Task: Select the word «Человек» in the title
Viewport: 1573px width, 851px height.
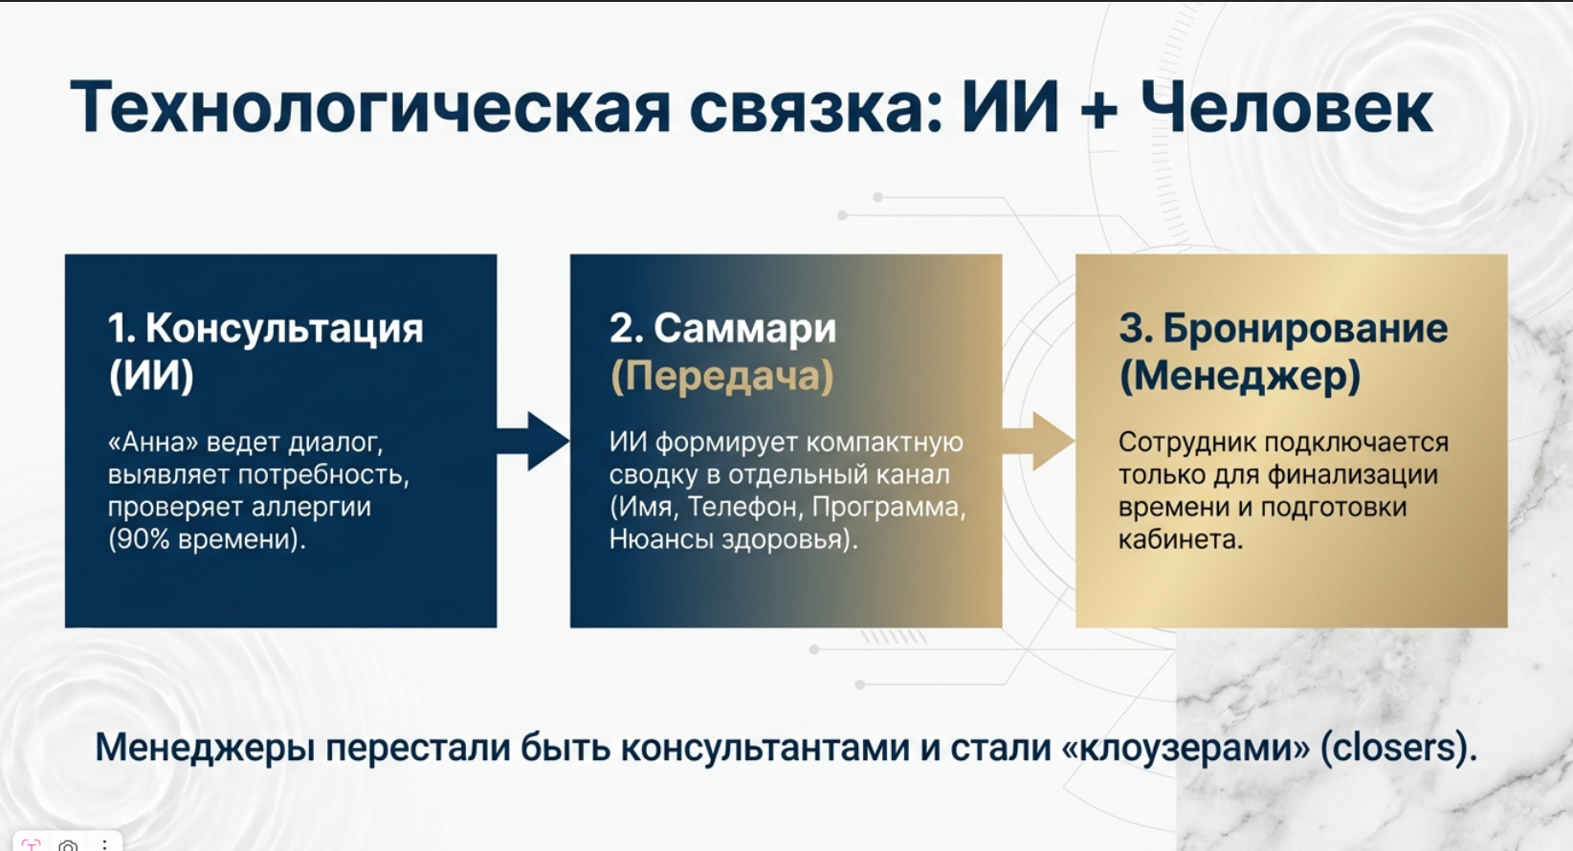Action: coord(1287,107)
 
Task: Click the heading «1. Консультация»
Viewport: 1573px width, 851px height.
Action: coord(265,328)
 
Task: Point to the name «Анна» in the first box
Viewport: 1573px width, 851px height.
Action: coord(153,443)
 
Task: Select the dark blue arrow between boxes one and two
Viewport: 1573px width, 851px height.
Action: coord(533,442)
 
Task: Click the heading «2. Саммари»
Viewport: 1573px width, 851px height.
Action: coord(722,328)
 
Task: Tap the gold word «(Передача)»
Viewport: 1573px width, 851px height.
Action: coord(721,376)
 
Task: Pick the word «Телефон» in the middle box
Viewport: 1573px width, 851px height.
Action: coord(745,507)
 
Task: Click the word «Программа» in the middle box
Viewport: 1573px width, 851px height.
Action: coord(888,507)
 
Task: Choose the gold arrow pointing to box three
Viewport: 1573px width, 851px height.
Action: coord(1038,442)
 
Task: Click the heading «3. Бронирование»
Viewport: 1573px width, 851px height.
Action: coord(1283,328)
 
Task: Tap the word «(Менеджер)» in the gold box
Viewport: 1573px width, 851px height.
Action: coord(1239,376)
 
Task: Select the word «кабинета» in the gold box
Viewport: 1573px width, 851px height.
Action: coord(1181,540)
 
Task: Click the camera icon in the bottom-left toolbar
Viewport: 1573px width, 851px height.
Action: coord(68,844)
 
